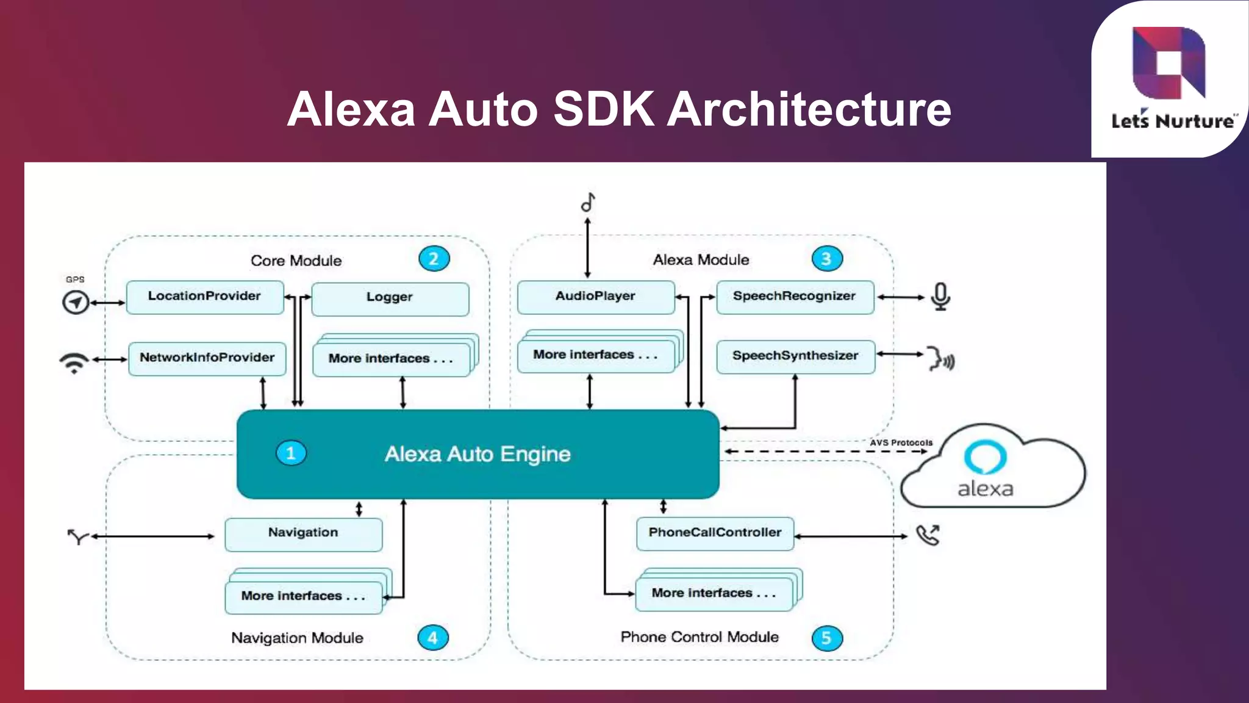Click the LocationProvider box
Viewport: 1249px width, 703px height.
pos(205,297)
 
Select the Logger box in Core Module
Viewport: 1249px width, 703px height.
pos(390,298)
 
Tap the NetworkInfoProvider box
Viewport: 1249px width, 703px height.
pos(207,358)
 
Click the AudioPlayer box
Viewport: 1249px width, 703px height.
pos(595,297)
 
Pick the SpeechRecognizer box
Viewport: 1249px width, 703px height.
pos(795,297)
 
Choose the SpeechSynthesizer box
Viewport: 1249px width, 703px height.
pos(795,356)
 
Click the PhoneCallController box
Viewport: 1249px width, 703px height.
pos(715,533)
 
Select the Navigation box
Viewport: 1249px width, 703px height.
pos(303,534)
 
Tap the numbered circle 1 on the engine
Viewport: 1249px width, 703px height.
pos(291,453)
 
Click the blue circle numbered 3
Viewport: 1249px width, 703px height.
pos(827,259)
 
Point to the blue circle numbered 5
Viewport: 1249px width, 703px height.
pos(827,638)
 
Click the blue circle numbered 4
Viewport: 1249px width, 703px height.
pos(433,638)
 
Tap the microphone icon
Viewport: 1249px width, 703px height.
pos(940,297)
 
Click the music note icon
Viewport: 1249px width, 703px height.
pos(588,202)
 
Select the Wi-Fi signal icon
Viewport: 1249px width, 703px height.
pos(74,362)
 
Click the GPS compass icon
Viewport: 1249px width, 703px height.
pos(76,302)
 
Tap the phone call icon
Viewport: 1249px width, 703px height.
pos(928,535)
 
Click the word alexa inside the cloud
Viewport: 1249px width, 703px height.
pos(985,489)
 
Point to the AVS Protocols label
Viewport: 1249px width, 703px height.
pos(901,442)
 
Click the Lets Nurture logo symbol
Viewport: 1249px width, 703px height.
pos(1168,63)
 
